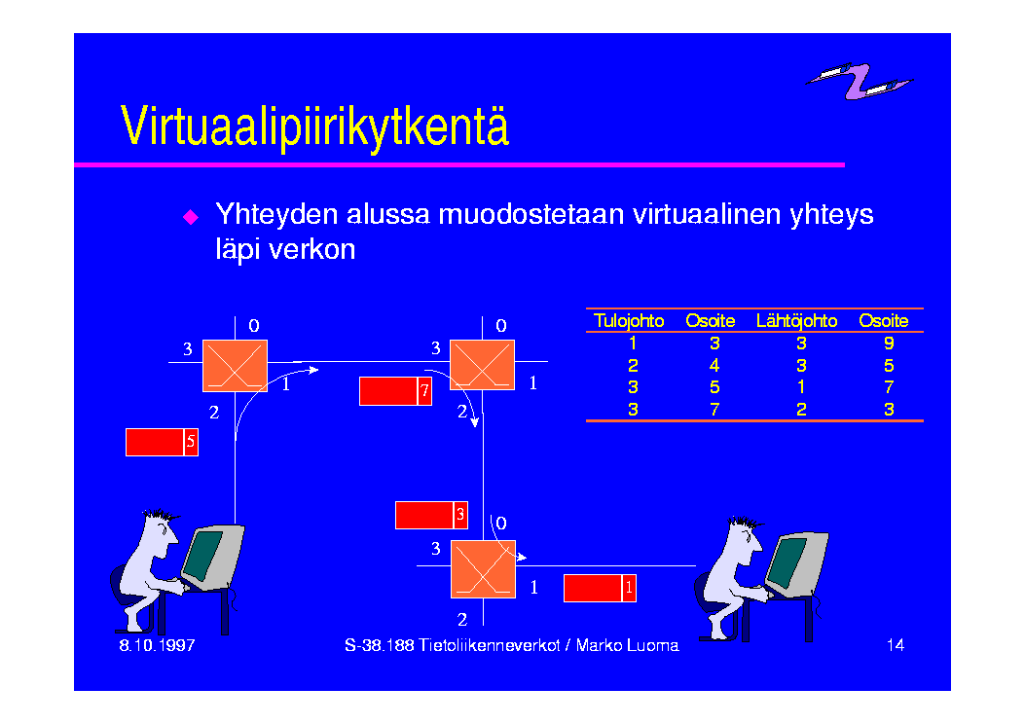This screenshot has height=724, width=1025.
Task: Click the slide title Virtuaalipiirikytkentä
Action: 314,127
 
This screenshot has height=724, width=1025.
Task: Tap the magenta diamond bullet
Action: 190,217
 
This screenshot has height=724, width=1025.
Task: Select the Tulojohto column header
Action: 629,321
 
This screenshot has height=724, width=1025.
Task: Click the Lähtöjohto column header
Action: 796,321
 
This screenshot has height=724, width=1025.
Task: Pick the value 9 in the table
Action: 889,344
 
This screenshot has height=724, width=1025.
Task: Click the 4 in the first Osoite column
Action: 714,365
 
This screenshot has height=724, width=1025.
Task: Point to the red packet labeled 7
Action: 395,391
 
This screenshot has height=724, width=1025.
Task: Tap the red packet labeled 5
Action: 163,443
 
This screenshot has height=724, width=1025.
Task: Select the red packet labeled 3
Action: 431,515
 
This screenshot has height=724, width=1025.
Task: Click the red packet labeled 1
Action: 600,588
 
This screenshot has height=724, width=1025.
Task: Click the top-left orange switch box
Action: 236,366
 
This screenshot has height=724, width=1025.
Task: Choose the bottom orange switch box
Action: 483,569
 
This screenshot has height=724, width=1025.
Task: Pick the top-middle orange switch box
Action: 483,365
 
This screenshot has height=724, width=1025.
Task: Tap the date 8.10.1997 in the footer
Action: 157,645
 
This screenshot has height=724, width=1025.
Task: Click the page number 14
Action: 895,645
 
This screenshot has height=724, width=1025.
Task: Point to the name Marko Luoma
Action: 627,645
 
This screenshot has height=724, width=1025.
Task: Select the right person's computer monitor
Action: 795,563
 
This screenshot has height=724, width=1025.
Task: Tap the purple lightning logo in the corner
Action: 859,81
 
